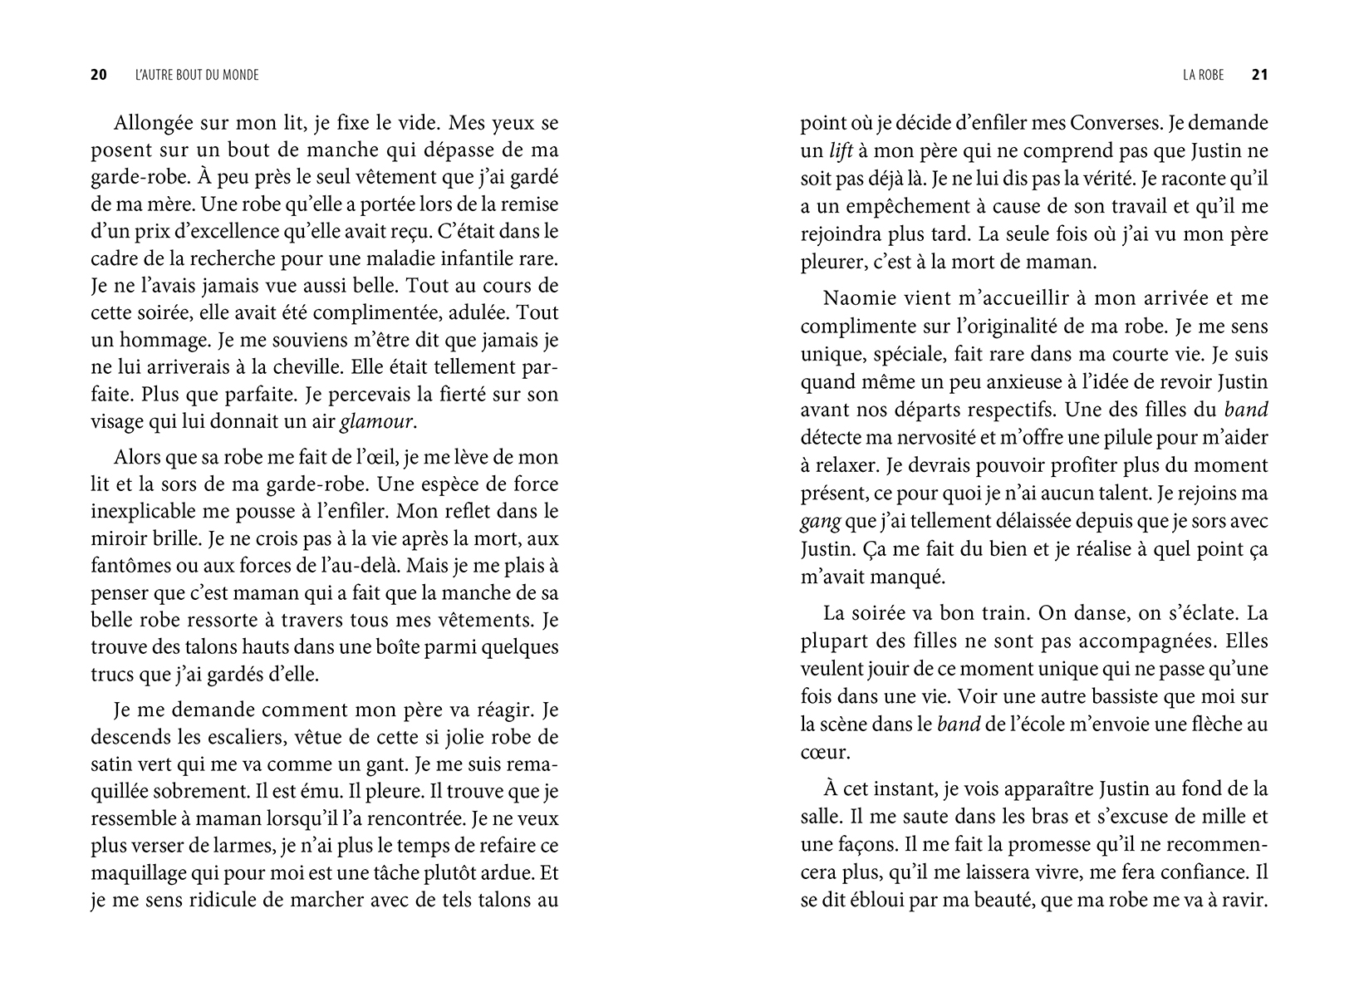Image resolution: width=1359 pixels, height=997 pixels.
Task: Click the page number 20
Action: pos(98,75)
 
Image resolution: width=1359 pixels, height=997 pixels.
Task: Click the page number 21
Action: pos(1259,75)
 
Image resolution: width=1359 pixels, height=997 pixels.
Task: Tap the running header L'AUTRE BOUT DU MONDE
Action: pos(196,75)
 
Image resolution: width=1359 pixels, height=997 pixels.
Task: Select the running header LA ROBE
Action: pos(1203,75)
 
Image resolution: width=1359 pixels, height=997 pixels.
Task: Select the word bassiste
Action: pos(1066,696)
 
